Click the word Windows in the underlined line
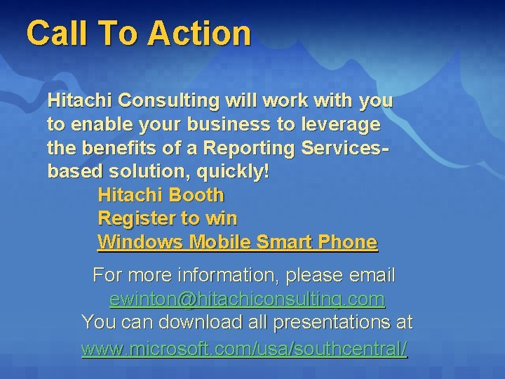point(142,242)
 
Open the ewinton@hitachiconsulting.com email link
point(247,300)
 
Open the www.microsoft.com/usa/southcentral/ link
point(244,348)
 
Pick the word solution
point(134,172)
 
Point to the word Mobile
point(216,242)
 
